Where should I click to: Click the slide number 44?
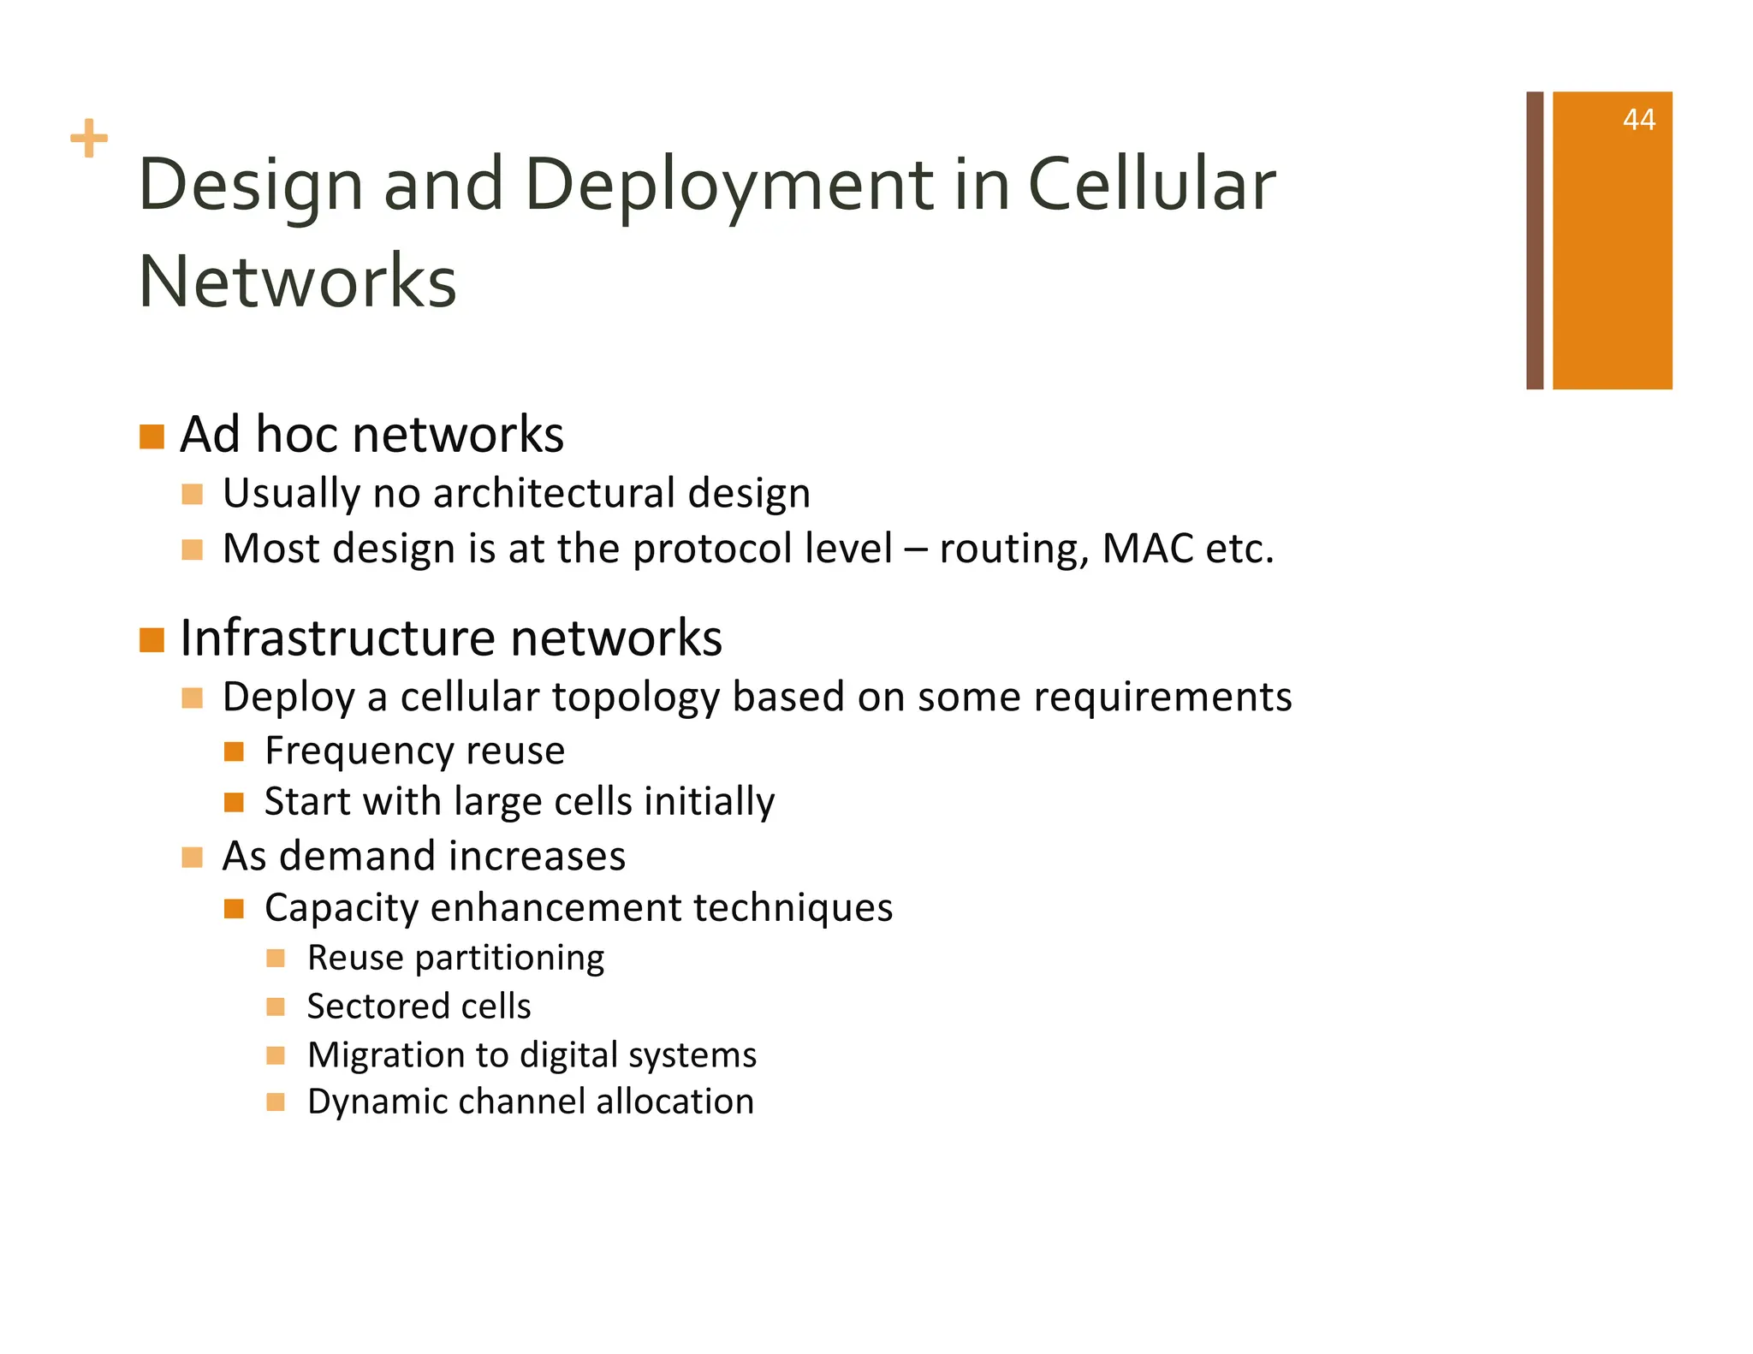coord(1638,120)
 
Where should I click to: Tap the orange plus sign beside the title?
coord(89,139)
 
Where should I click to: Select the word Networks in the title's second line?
coord(298,282)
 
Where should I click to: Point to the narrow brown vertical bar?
coord(1534,241)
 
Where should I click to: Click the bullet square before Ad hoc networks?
coord(152,436)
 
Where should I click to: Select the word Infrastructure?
coord(338,638)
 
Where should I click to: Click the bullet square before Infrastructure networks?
coord(152,639)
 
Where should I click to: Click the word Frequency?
coord(359,751)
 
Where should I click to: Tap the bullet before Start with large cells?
coord(234,802)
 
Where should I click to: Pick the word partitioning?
coord(509,958)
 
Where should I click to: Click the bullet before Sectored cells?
coord(275,1007)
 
